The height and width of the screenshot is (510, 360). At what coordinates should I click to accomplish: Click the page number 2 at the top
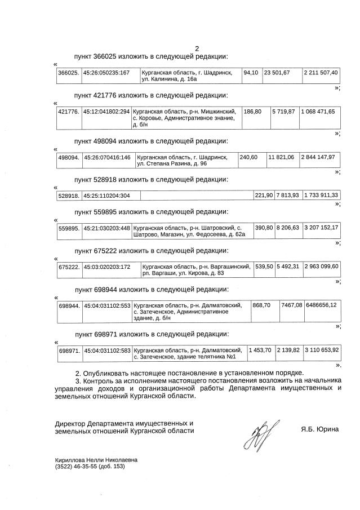(197, 48)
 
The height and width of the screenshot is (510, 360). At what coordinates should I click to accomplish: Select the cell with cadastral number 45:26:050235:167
(106, 73)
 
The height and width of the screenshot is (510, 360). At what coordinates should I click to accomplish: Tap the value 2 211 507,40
(320, 73)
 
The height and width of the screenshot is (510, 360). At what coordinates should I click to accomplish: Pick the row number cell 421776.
(69, 112)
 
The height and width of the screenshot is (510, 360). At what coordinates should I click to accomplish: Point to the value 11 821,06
(281, 157)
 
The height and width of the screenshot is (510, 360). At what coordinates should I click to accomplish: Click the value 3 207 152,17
(321, 228)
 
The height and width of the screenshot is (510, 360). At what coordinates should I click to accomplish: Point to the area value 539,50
(264, 266)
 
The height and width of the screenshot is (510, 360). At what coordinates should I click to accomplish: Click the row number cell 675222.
(69, 266)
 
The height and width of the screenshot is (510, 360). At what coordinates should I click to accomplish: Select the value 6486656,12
(321, 304)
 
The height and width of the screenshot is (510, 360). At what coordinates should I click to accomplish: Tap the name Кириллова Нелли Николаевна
(96, 460)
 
